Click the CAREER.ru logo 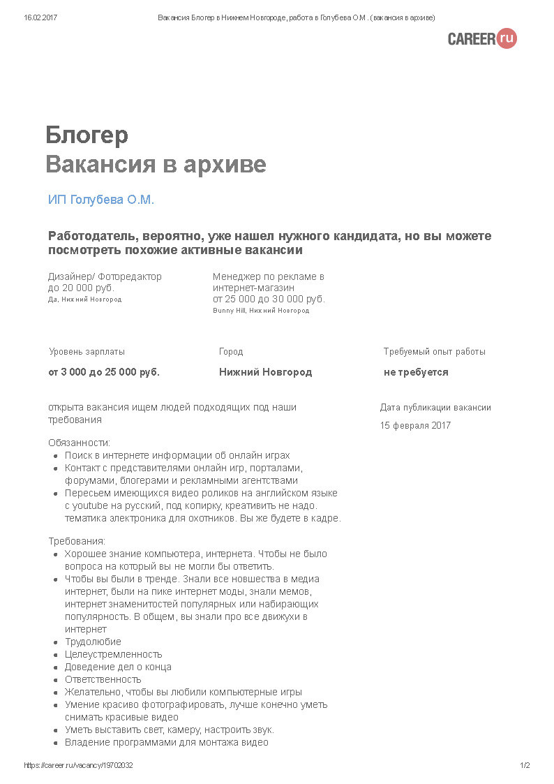(x=482, y=38)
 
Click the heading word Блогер (x=87, y=135)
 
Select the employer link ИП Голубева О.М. (x=100, y=200)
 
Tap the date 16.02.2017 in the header (x=40, y=17)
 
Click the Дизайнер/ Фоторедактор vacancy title (x=105, y=276)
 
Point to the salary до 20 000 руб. (x=81, y=288)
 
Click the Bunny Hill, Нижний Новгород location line (x=260, y=311)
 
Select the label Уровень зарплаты (x=87, y=352)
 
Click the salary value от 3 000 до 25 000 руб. (x=104, y=372)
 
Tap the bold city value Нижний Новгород (x=265, y=372)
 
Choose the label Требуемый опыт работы (x=434, y=352)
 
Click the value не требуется (x=416, y=372)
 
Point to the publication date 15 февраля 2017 (x=415, y=425)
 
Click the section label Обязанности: (x=79, y=443)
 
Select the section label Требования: (x=77, y=541)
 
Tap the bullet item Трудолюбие (x=93, y=642)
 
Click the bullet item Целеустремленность (x=113, y=654)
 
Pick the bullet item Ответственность (x=103, y=679)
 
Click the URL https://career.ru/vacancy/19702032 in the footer (x=78, y=765)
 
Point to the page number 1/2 (x=525, y=765)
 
